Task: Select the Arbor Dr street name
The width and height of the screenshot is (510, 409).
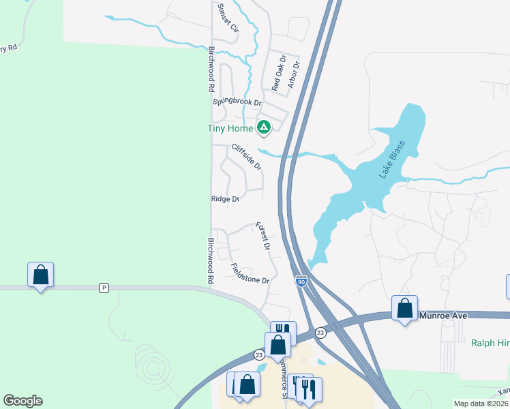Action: coord(294,75)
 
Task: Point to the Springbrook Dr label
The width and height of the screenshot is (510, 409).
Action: coord(237,102)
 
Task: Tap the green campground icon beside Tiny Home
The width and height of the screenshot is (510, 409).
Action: coord(263,127)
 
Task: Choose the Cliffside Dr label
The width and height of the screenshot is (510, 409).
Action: coord(246,157)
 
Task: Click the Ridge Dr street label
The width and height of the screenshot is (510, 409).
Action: coord(225,199)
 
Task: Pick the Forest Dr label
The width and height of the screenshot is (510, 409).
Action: coord(262,236)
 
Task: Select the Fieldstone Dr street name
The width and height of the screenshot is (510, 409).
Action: coord(250,274)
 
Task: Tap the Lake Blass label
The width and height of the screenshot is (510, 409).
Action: coord(392,160)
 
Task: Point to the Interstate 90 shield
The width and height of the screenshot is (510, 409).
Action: coord(301,280)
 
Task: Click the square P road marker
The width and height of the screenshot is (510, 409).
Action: coord(104,287)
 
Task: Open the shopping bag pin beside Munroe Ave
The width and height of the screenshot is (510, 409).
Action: coord(405,308)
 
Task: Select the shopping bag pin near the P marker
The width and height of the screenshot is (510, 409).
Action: coord(40,275)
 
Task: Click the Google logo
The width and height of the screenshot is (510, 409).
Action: coord(22,401)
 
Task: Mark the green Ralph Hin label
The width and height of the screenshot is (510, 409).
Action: coord(490,343)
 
